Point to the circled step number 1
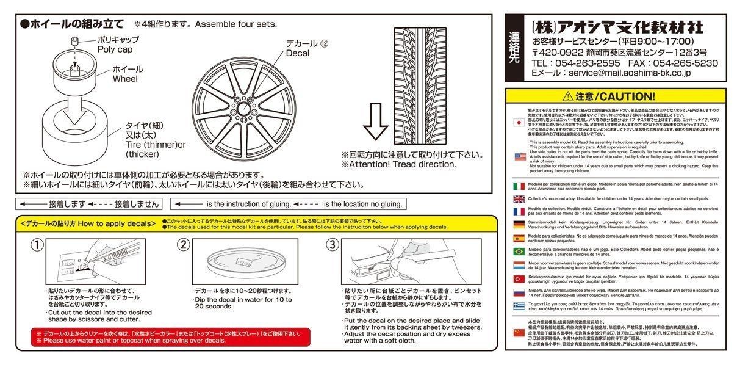37,245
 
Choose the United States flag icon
519,157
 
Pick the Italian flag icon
519,186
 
